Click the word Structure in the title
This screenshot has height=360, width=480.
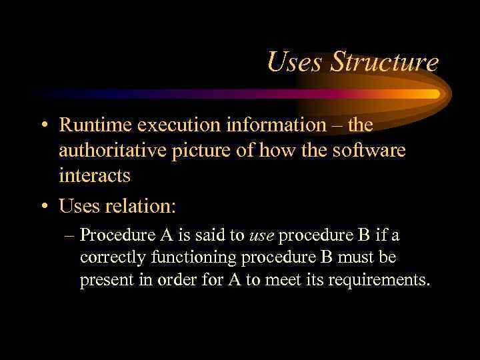(385, 63)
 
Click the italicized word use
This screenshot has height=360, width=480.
(262, 235)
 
